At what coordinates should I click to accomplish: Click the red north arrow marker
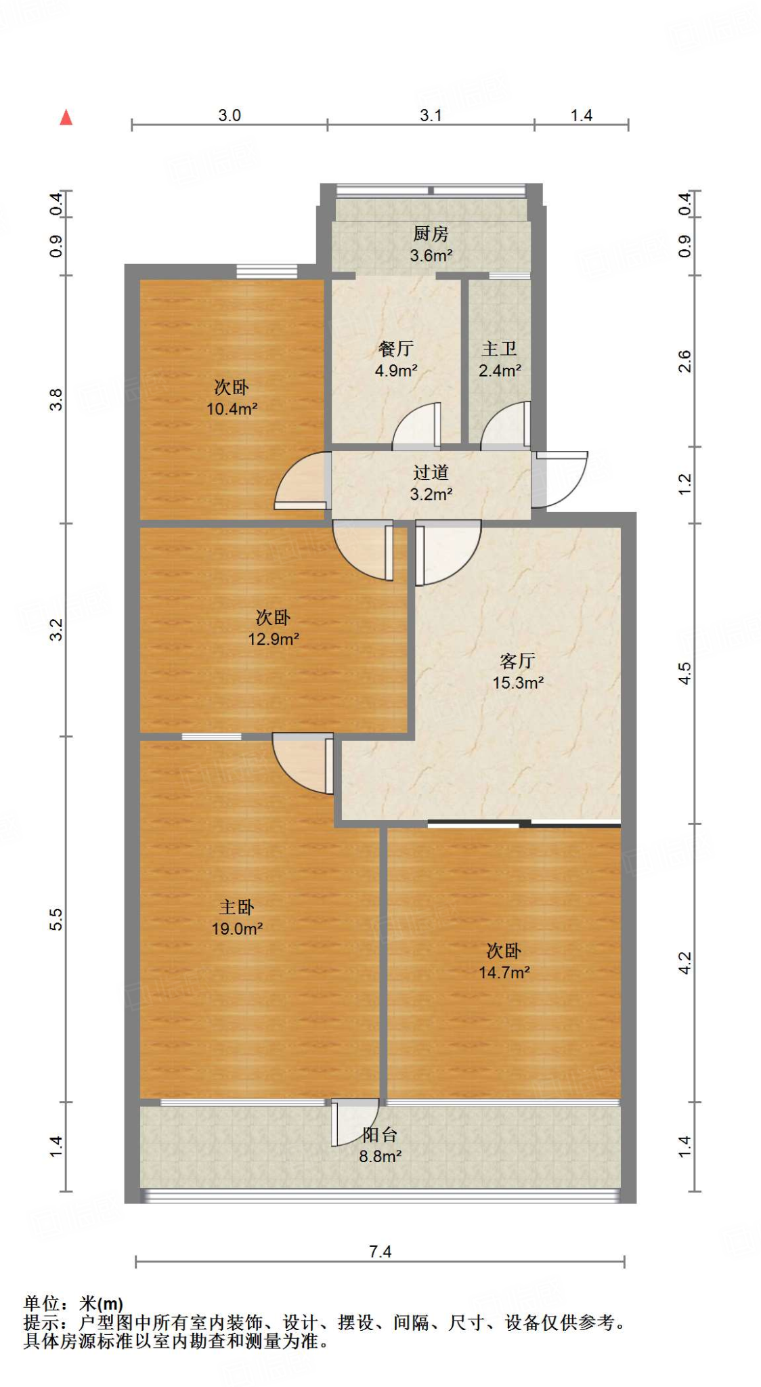point(66,118)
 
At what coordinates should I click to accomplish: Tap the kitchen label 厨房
point(431,234)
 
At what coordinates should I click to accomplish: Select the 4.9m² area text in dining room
point(396,371)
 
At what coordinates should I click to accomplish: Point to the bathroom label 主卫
point(499,349)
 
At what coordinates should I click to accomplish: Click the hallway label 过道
point(431,473)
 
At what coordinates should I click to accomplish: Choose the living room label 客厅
point(517,661)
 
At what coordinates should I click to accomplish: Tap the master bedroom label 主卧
point(236,908)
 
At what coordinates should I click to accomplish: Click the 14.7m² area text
point(504,973)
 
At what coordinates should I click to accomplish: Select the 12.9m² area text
point(274,639)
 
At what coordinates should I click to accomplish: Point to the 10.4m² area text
point(232,409)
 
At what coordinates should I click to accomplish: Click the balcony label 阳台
point(379,1134)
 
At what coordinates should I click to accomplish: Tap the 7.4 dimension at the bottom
point(380,1252)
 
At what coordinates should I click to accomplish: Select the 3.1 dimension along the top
point(431,115)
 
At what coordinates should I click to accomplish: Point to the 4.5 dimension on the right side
point(684,673)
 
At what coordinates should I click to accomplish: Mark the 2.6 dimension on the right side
point(684,361)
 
